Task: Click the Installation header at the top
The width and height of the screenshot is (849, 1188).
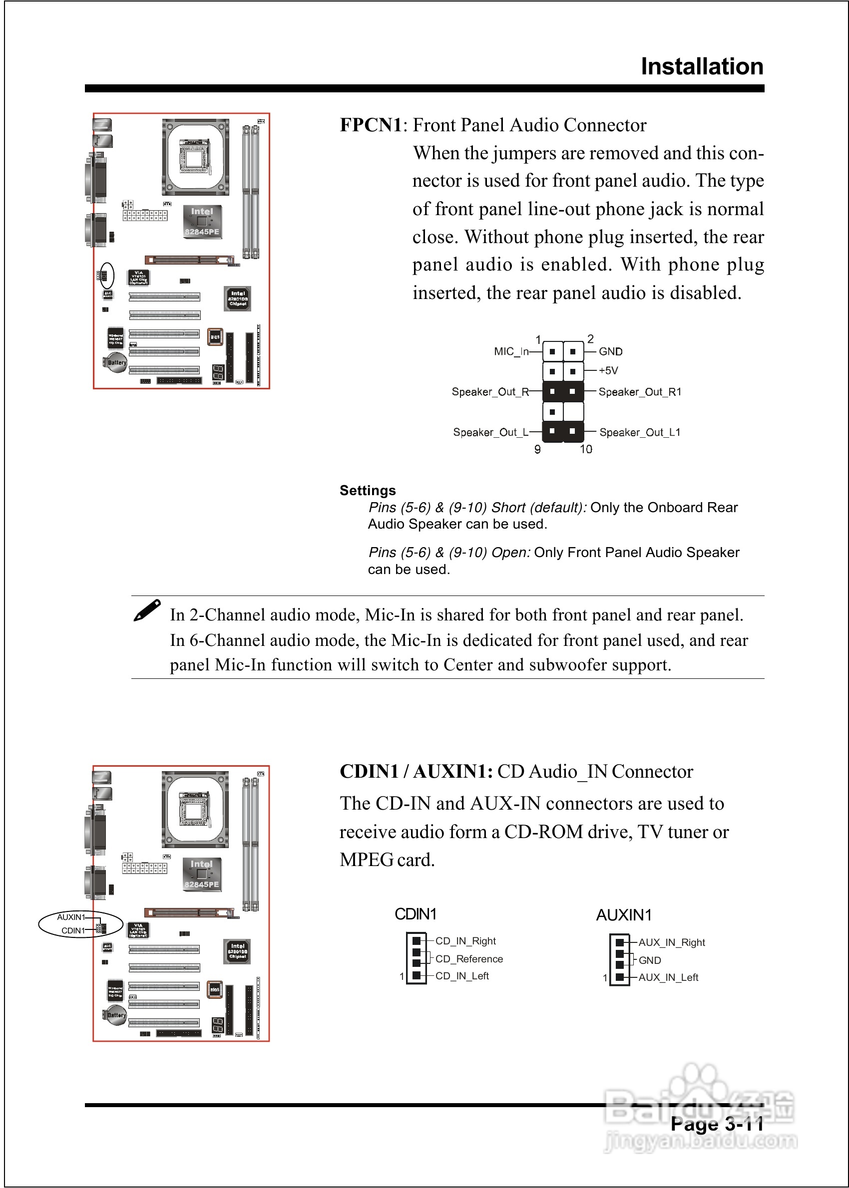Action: click(x=702, y=67)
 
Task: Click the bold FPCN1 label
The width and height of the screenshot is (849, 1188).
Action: click(x=371, y=125)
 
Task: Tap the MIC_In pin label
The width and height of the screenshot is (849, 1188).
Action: click(x=511, y=351)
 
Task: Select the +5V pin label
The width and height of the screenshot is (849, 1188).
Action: click(x=608, y=370)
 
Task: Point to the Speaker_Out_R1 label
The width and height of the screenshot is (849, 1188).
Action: click(x=639, y=392)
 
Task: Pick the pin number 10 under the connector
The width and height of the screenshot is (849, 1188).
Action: click(x=585, y=449)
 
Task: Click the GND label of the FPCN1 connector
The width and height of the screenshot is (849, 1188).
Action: click(x=610, y=351)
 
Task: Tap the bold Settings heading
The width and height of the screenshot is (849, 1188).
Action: click(x=368, y=491)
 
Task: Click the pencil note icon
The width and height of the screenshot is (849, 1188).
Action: click(x=147, y=610)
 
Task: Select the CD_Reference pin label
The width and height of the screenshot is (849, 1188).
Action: click(x=468, y=959)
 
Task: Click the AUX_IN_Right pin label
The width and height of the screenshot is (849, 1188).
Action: click(x=671, y=942)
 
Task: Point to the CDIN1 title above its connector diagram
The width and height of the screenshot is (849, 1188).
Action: click(x=415, y=914)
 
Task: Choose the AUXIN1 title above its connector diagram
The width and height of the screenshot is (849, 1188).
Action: click(x=624, y=915)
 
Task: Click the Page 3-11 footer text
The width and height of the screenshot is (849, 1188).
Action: click(x=717, y=1124)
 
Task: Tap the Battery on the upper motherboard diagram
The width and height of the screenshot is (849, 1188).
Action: click(x=116, y=363)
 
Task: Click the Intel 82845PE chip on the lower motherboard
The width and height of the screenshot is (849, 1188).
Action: click(x=201, y=874)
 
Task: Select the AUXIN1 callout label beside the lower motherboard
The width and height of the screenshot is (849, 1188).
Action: click(x=70, y=917)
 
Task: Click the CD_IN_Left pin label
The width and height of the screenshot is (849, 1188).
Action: click(x=461, y=976)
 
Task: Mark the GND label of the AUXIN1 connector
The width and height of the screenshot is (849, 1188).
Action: click(x=649, y=960)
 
